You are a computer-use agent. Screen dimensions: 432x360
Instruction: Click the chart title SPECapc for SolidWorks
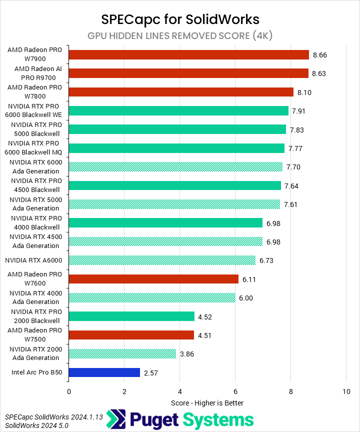(180, 19)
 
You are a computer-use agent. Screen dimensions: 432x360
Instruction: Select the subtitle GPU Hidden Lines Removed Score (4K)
(180, 35)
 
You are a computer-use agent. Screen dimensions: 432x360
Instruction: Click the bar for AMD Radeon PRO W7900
(188, 54)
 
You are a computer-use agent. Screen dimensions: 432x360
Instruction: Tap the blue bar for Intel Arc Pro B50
(104, 372)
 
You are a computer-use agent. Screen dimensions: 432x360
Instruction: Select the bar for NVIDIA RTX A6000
(162, 260)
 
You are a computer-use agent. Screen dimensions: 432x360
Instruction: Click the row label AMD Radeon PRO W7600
(34, 279)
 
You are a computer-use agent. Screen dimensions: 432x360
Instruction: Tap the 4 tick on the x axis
(179, 392)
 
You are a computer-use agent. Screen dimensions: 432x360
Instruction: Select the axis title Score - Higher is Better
(207, 402)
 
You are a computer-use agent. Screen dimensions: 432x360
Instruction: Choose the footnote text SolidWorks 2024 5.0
(36, 425)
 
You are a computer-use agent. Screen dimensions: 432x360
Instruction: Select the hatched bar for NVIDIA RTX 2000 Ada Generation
(122, 353)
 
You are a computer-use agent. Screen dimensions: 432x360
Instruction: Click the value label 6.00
(246, 297)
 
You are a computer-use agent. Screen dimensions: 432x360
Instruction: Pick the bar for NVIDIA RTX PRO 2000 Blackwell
(131, 316)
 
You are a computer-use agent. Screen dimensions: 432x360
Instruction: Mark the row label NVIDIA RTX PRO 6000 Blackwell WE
(34, 110)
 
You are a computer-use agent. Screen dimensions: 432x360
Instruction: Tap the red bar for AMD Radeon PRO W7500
(131, 335)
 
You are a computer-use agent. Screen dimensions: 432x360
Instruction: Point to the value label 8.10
(304, 92)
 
